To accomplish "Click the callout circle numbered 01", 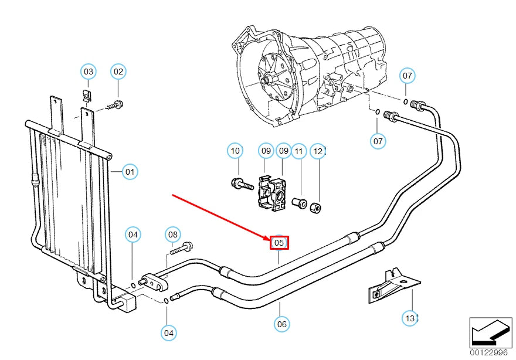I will click(130, 172).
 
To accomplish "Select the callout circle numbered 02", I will click(118, 72).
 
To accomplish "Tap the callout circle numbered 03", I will click(88, 72).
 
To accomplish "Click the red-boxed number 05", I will click(279, 243).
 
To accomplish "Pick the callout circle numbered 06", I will click(282, 324).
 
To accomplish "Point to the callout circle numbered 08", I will click(172, 235).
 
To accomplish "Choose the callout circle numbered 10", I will click(235, 151).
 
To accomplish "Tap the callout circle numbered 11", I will click(299, 151).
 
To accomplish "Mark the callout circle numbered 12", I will click(318, 151).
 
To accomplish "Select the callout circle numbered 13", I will click(410, 318).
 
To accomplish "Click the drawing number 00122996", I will click(489, 352).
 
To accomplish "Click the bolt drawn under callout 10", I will click(240, 184).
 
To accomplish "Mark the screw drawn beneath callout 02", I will click(115, 106).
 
